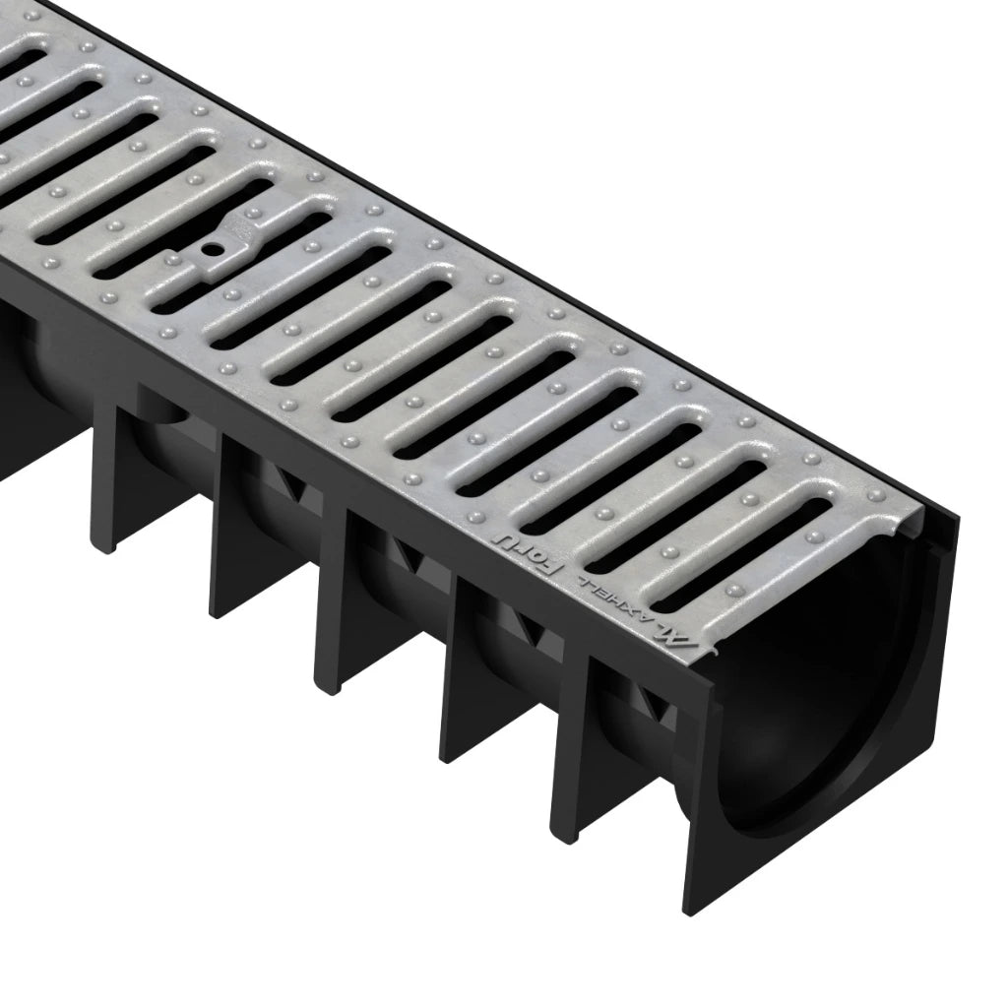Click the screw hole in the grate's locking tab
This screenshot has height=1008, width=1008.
(x=211, y=250)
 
